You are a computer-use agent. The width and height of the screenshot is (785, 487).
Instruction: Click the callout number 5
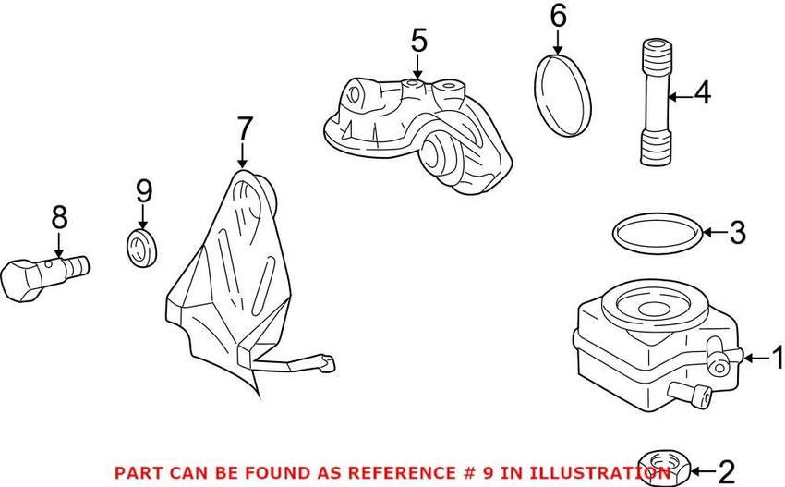419,41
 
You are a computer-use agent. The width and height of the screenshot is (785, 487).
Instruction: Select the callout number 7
244,128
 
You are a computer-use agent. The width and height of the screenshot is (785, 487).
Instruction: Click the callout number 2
726,472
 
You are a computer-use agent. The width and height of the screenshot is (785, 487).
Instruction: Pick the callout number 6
558,16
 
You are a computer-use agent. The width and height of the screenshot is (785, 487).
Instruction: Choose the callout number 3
736,233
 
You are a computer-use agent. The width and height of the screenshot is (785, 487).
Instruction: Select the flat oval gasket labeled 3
657,234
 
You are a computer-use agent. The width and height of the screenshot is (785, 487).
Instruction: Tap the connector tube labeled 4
656,103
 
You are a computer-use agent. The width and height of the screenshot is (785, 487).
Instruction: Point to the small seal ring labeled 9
141,248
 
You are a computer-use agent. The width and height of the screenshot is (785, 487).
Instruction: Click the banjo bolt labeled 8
45,275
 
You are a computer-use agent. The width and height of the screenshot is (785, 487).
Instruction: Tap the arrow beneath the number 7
243,155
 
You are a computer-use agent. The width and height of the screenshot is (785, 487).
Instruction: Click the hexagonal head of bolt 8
20,281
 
